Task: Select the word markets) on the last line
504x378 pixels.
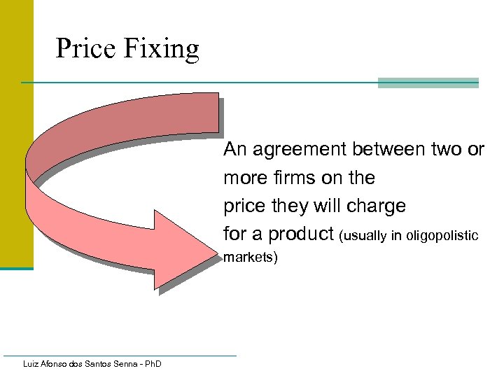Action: click(x=251, y=258)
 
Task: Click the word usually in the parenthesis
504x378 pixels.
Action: click(x=361, y=236)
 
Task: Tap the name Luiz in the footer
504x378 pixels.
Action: click(x=31, y=364)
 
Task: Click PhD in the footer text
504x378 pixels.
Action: click(x=151, y=364)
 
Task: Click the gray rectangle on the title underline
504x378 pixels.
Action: click(x=428, y=83)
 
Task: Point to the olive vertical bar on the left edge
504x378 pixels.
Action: click(x=16, y=140)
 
